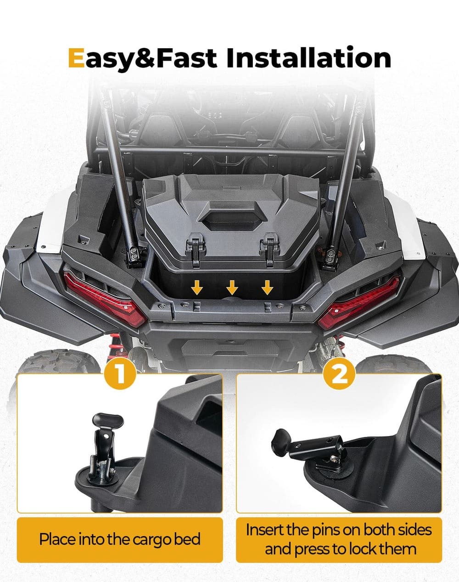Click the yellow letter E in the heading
[76, 58]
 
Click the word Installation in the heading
[308, 58]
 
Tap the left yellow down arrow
[197, 288]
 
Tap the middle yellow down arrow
[232, 288]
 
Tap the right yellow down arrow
[267, 288]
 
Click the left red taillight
[103, 298]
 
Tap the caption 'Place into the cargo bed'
[120, 539]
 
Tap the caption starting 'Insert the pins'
[339, 539]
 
